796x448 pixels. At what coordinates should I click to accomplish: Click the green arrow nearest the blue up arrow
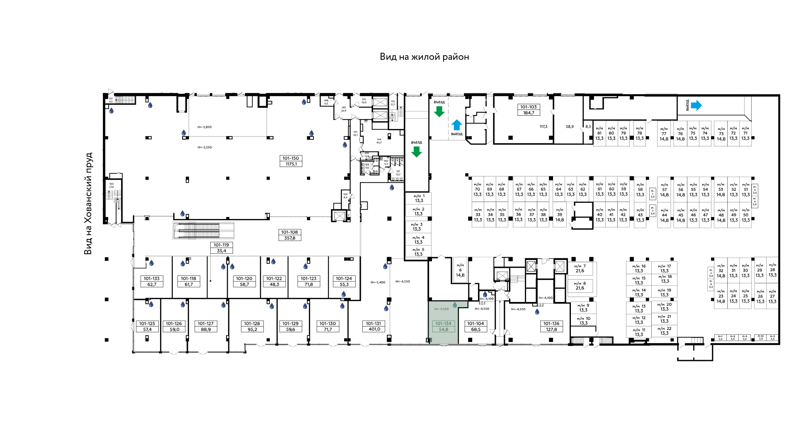[x=439, y=111]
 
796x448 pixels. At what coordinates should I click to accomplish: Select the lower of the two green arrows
[x=416, y=151]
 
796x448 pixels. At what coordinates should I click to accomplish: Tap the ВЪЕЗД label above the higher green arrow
[x=439, y=102]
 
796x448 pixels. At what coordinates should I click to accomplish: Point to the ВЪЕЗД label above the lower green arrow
[x=417, y=142]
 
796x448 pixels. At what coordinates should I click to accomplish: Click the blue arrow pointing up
[x=456, y=125]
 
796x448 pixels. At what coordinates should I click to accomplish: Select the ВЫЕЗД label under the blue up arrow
[x=457, y=134]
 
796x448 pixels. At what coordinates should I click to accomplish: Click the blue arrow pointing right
[x=696, y=105]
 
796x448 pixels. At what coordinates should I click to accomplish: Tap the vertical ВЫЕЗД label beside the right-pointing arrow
[x=687, y=105]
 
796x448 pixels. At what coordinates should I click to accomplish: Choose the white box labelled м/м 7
[x=580, y=268]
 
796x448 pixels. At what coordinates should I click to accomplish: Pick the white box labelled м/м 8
[x=580, y=286]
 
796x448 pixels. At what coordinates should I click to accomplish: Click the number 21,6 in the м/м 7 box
[x=580, y=271]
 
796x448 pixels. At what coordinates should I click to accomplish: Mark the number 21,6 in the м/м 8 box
[x=580, y=288]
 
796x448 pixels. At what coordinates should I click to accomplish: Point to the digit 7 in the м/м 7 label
[x=585, y=266]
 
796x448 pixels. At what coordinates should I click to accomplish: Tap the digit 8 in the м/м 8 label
[x=585, y=284]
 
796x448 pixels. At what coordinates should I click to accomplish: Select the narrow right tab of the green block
[x=463, y=304]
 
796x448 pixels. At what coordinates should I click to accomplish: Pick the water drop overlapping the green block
[x=455, y=305]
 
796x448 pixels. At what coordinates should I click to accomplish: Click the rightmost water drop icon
[x=537, y=312]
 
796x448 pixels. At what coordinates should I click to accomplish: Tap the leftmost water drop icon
[x=111, y=111]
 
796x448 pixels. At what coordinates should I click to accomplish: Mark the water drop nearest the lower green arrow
[x=392, y=187]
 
